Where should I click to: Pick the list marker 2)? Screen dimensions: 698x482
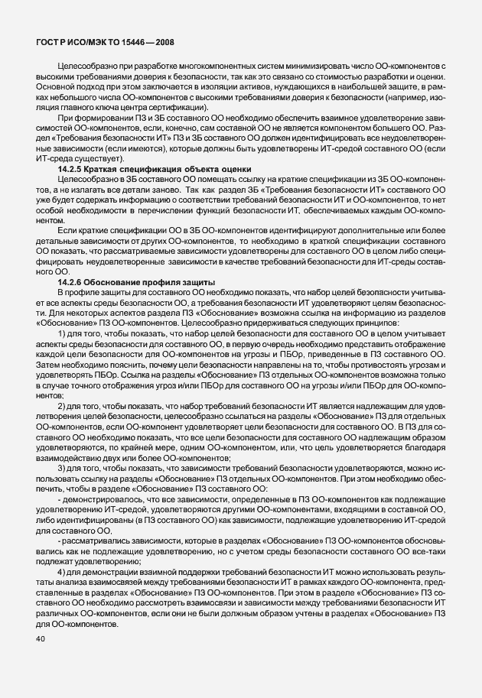62,404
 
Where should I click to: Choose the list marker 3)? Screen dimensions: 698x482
62,466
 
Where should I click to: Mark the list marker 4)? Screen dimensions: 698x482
62,572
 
